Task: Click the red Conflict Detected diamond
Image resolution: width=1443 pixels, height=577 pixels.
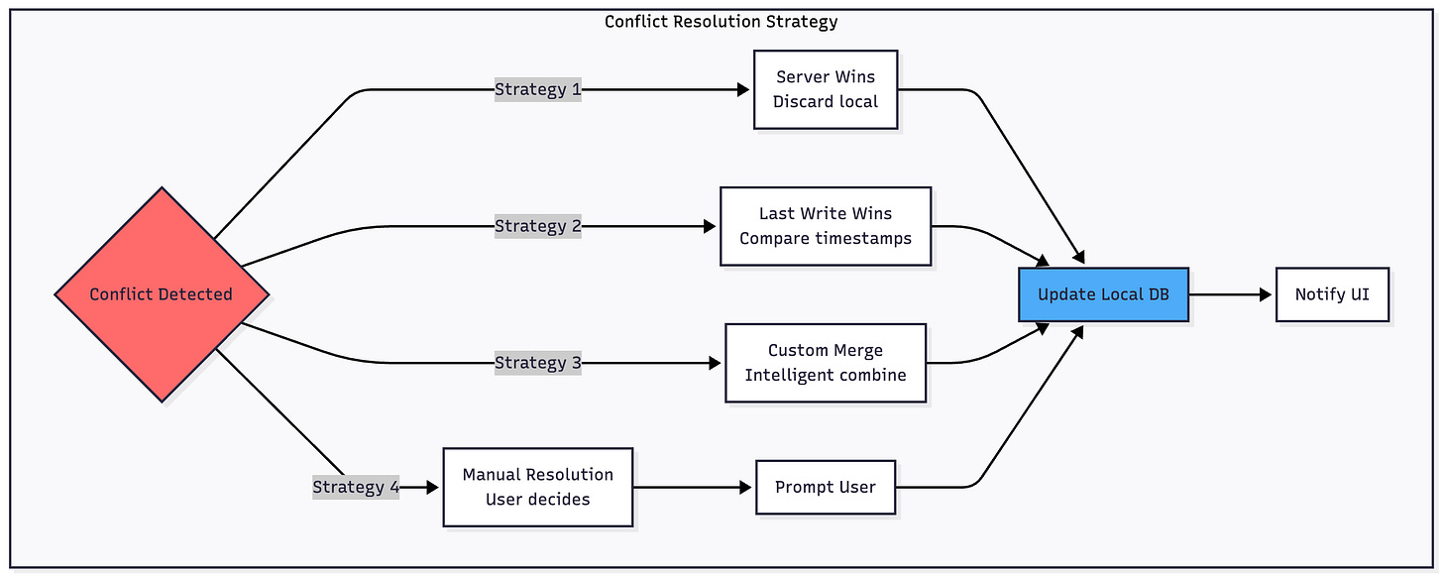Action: tap(162, 294)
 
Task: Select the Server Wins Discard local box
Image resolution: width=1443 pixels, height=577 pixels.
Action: tap(826, 89)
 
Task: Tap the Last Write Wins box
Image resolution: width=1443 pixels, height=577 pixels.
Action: tap(826, 226)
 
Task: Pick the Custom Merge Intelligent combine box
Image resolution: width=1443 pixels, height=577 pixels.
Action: tap(826, 363)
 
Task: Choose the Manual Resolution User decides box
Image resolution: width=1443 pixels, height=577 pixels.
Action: tap(537, 487)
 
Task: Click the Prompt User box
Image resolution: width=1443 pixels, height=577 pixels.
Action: tap(826, 487)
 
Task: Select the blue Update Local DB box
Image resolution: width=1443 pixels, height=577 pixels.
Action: tap(1103, 294)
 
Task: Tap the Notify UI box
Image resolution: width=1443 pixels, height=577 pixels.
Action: tap(1332, 294)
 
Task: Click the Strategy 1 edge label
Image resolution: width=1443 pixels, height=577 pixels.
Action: tap(538, 90)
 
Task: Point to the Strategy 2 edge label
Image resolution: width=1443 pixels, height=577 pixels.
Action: tap(538, 226)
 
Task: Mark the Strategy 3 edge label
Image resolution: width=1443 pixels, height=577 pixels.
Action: tap(538, 363)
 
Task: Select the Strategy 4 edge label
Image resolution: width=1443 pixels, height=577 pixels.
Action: tap(356, 487)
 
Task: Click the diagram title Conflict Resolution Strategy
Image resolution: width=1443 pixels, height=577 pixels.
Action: tap(721, 21)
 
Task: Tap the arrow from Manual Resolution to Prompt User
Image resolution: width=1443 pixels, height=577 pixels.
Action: tap(694, 487)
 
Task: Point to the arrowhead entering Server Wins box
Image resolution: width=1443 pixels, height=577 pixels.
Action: tap(745, 90)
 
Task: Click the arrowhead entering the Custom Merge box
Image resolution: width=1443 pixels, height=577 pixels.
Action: tap(717, 363)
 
